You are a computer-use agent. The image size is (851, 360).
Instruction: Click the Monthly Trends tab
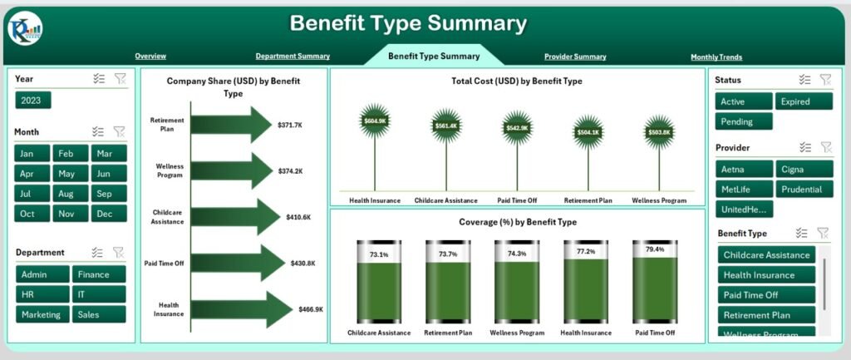tap(716, 57)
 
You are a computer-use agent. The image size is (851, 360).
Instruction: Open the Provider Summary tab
tap(575, 57)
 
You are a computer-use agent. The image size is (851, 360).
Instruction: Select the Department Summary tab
tap(293, 57)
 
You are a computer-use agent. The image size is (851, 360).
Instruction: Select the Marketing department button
tap(41, 314)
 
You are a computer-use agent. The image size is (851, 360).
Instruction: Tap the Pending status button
tap(743, 121)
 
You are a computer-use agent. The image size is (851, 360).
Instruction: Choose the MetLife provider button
tap(743, 189)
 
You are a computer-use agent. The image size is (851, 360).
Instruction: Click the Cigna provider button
tap(804, 169)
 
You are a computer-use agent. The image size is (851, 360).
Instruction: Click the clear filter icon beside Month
tap(119, 131)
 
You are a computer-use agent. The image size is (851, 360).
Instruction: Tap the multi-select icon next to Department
tap(97, 253)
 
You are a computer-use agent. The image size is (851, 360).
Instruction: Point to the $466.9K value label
tap(311, 309)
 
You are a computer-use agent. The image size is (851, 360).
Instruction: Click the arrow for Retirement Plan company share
tap(232, 124)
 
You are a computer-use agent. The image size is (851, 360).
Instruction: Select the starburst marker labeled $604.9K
tap(376, 121)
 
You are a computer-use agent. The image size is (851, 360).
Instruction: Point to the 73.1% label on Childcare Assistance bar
tap(378, 254)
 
